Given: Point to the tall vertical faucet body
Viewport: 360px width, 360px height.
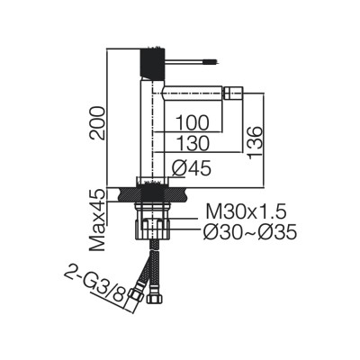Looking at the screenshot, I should click(x=150, y=126).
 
